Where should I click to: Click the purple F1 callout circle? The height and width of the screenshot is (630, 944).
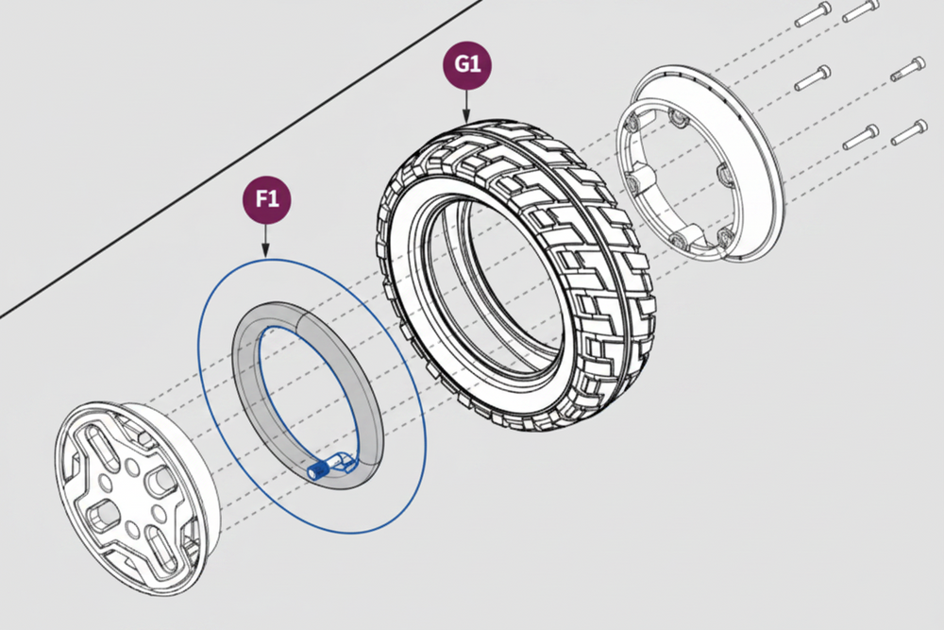pos(267,199)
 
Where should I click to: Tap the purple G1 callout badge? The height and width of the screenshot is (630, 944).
pos(467,64)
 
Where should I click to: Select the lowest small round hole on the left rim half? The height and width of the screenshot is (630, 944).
pos(132,530)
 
